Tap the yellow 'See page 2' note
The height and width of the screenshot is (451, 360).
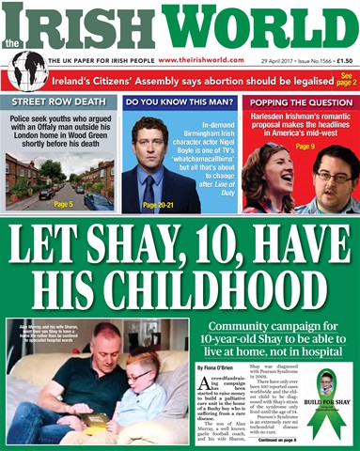pyautogui.click(x=346, y=78)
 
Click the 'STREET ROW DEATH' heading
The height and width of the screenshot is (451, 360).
pyautogui.click(x=58, y=102)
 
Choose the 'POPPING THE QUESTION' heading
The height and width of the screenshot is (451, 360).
pyautogui.click(x=299, y=102)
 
